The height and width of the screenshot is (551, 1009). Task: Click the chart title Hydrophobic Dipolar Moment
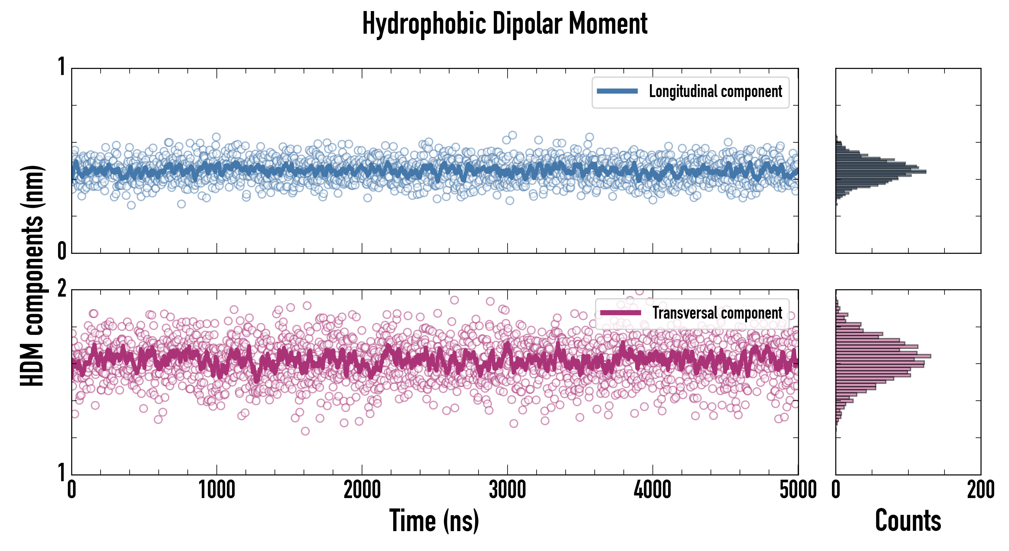[x=505, y=24]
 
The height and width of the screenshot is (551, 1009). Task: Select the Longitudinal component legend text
[x=715, y=92]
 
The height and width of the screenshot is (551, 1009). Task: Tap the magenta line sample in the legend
[x=620, y=313]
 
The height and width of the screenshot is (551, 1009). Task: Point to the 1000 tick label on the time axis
[x=216, y=490]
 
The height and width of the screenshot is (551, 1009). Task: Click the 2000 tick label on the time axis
[x=362, y=490]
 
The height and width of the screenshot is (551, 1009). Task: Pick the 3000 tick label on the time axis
[x=507, y=490]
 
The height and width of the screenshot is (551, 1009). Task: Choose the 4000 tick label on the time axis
[x=652, y=490]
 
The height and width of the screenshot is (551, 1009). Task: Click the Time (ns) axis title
[x=434, y=521]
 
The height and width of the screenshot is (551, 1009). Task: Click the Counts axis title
[x=908, y=521]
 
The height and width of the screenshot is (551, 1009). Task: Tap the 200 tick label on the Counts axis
[x=980, y=490]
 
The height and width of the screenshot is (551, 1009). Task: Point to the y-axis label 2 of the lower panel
[x=61, y=289]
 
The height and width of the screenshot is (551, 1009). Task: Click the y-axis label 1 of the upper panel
[x=61, y=67]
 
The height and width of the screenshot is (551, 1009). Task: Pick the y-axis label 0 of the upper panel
[x=61, y=251]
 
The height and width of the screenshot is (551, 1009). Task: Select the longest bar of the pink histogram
[x=883, y=356]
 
